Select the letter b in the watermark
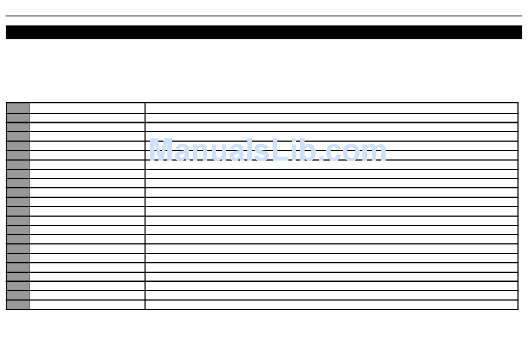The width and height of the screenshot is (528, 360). pyautogui.click(x=311, y=151)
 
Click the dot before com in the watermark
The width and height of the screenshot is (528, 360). pyautogui.click(x=325, y=159)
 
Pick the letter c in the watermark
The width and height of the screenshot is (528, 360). pyautogui.click(x=338, y=153)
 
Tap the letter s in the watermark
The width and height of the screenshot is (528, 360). pyautogui.click(x=259, y=153)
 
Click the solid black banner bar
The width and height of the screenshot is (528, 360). pyautogui.click(x=264, y=32)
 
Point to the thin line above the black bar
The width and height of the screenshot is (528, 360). pyautogui.click(x=264, y=16)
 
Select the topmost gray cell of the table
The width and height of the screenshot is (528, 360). pyautogui.click(x=18, y=108)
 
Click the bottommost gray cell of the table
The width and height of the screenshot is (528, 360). pyautogui.click(x=18, y=304)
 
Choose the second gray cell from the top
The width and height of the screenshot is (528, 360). pyautogui.click(x=18, y=117)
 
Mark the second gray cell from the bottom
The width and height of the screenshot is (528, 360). pyautogui.click(x=18, y=295)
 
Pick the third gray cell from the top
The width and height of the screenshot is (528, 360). pyautogui.click(x=18, y=127)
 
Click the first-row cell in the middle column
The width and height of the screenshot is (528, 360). pyautogui.click(x=87, y=108)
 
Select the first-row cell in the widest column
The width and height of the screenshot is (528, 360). pyautogui.click(x=331, y=108)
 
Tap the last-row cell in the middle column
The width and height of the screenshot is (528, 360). pyautogui.click(x=87, y=304)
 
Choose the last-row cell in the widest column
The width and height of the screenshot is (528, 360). pyautogui.click(x=331, y=304)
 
